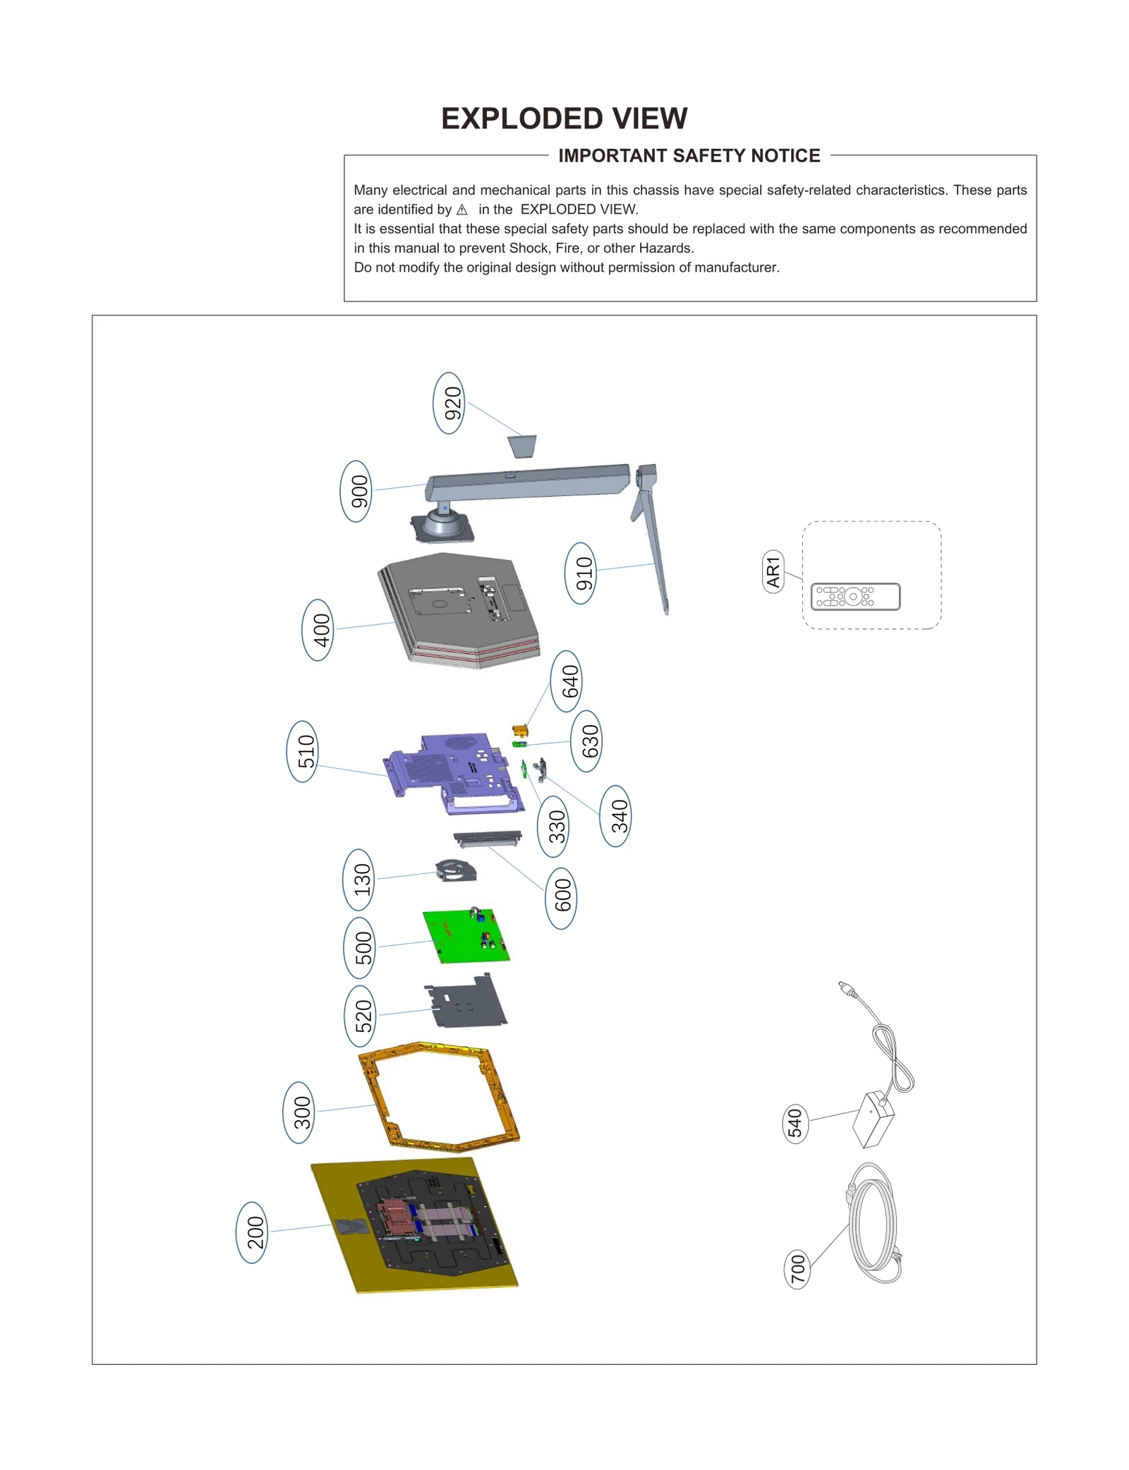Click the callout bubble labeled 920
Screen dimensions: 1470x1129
[449, 403]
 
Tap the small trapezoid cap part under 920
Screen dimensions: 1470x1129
[522, 446]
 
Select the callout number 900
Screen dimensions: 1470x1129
[356, 491]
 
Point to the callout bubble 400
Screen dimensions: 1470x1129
[318, 630]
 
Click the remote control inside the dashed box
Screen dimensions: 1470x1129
[855, 597]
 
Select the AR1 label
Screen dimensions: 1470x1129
[773, 572]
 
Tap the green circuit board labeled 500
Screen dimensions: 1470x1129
[466, 935]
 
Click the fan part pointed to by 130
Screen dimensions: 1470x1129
[456, 871]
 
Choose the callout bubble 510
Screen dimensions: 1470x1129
[303, 751]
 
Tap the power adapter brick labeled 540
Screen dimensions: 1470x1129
[874, 1119]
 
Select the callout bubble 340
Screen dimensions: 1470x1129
[616, 816]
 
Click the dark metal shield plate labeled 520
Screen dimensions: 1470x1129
[467, 1002]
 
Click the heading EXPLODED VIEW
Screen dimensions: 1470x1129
[564, 119]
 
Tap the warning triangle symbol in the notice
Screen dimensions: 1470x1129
[462, 209]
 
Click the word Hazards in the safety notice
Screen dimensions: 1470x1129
[665, 248]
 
